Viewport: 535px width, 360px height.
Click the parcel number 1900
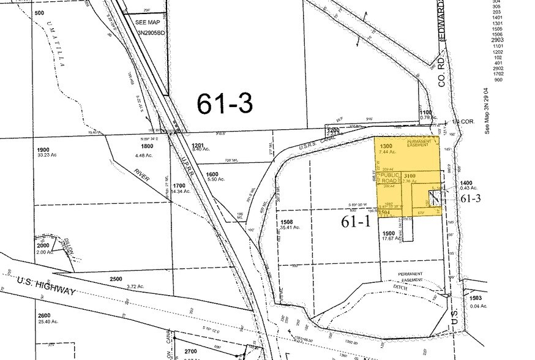pos(43,150)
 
